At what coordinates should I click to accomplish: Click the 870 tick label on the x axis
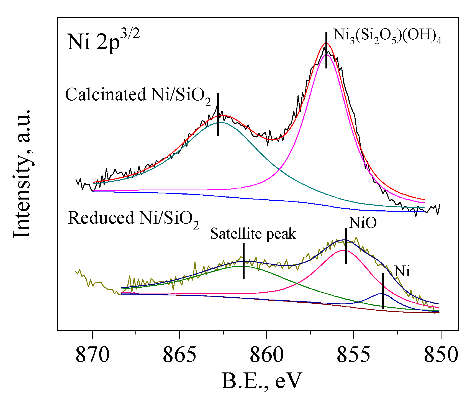(92, 355)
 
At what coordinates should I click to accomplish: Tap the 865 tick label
(179, 355)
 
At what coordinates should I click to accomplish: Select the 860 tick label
(266, 355)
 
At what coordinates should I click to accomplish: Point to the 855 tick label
(353, 355)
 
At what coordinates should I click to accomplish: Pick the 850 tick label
(441, 355)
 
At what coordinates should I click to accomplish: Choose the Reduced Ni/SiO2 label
(133, 219)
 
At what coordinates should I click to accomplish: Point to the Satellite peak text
(253, 234)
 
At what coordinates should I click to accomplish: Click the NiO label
(363, 223)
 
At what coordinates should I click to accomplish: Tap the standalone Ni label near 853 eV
(402, 271)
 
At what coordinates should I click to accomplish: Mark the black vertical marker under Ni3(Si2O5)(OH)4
(327, 50)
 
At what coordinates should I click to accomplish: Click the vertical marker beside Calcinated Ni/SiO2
(218, 115)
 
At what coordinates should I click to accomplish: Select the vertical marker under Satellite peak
(244, 261)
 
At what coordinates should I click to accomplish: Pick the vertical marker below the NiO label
(346, 246)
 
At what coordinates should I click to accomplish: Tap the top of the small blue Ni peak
(382, 293)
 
